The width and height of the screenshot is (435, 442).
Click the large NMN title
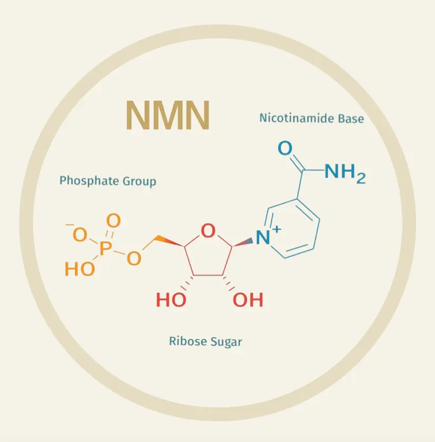[168, 115]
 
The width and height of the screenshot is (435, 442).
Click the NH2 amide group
[344, 172]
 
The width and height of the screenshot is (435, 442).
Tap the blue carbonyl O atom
[284, 149]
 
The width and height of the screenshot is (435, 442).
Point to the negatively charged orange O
[79, 234]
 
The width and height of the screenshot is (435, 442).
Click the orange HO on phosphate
[80, 269]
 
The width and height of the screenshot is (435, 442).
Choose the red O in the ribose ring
[209, 231]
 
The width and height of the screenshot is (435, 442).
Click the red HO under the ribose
[171, 300]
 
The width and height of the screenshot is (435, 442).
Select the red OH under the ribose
[248, 300]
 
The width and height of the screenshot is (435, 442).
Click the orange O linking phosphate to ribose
[134, 258]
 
